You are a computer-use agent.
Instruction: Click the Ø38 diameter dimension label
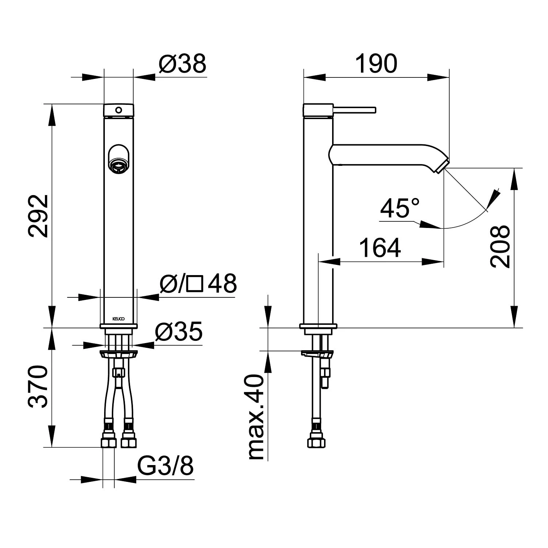183,64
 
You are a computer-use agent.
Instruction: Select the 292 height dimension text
38,216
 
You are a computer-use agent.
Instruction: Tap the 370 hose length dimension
38,386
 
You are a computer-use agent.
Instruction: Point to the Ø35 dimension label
179,331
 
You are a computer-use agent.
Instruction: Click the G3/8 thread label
165,465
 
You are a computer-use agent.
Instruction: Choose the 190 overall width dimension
376,63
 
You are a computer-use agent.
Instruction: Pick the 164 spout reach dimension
380,247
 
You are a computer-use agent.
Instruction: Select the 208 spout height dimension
500,246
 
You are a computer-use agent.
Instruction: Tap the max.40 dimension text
256,417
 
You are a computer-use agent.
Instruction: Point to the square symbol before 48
194,283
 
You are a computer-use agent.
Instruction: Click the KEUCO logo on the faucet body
118,319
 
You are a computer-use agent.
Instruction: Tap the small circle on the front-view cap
118,110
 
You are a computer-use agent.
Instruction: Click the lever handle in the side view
354,110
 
